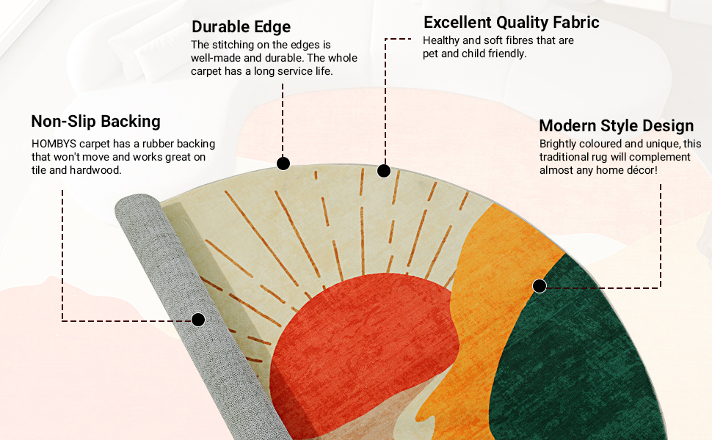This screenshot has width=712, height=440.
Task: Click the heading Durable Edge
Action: pyautogui.click(x=241, y=27)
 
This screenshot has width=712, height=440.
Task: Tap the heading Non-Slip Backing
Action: pyautogui.click(x=95, y=121)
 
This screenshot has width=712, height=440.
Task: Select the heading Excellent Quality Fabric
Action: pyautogui.click(x=512, y=22)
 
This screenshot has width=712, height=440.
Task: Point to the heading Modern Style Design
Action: pyautogui.click(x=616, y=125)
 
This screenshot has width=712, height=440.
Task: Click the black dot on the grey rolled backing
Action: pyautogui.click(x=197, y=320)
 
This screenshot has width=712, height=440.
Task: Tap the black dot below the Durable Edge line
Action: pyautogui.click(x=283, y=163)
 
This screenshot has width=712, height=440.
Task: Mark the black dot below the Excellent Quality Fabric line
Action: pyautogui.click(x=383, y=171)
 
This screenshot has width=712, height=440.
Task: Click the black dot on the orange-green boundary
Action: pyautogui.click(x=540, y=286)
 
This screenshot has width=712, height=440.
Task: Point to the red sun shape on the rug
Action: pyautogui.click(x=360, y=337)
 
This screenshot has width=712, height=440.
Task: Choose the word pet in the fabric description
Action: pyautogui.click(x=431, y=54)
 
